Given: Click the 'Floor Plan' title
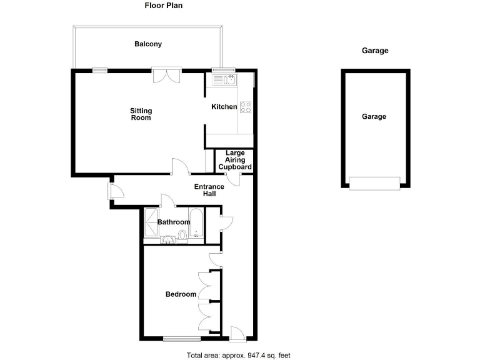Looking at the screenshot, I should (164, 6).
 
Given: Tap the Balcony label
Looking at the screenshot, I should (148, 44).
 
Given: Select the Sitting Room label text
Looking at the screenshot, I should (141, 114).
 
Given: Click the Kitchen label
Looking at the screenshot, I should (224, 107).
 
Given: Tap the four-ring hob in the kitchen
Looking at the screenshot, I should (246, 107).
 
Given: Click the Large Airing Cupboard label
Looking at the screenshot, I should (235, 160).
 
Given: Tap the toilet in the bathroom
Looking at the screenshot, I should (182, 236).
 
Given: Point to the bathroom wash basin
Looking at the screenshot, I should (167, 239).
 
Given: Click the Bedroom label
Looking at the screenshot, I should (181, 294).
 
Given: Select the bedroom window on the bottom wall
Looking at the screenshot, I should (182, 339).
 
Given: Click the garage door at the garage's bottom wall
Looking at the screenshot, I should (374, 182).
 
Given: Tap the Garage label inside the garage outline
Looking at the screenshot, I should (374, 117).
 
